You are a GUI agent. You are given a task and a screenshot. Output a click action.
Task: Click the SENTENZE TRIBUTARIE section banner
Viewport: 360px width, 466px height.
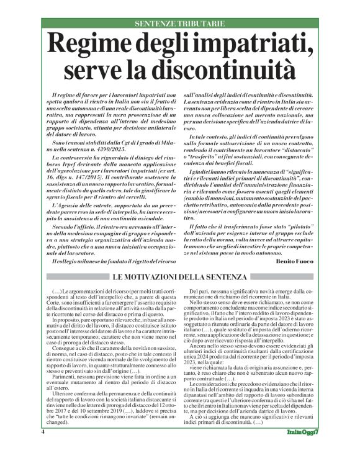[x=180, y=23]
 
